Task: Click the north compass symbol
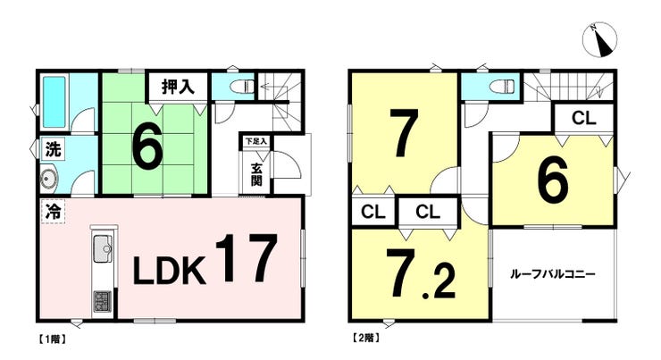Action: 599,39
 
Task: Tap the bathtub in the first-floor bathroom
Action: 54,101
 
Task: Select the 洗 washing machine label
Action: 53,149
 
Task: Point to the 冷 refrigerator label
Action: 53,211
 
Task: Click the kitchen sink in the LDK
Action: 103,248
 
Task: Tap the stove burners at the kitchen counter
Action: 103,302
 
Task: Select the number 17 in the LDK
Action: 247,257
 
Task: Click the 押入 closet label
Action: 179,87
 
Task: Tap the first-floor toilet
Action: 242,87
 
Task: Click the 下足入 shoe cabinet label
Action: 256,142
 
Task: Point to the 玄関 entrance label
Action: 256,174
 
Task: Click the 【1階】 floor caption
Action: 52,339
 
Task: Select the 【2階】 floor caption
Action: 365,338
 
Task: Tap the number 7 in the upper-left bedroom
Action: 404,132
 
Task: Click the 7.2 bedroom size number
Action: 422,272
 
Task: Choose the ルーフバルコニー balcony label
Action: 553,275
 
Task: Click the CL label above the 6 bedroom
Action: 584,119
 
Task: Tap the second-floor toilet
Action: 502,86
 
